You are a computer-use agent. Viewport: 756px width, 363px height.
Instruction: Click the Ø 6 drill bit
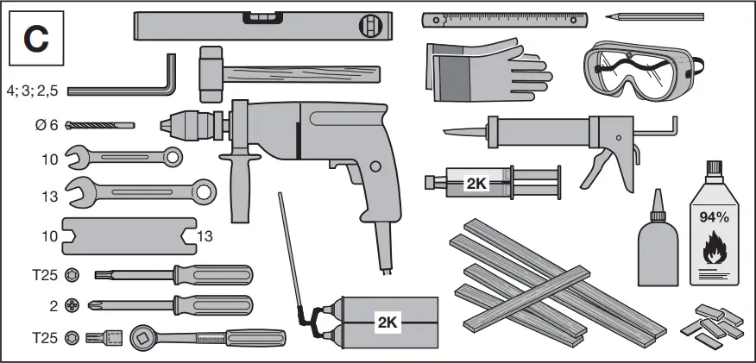(x=100, y=126)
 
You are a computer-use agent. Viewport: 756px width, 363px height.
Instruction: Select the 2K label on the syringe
(x=476, y=183)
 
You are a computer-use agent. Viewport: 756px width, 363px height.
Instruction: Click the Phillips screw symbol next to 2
(x=72, y=305)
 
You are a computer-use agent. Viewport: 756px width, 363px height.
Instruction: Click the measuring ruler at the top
(x=504, y=17)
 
